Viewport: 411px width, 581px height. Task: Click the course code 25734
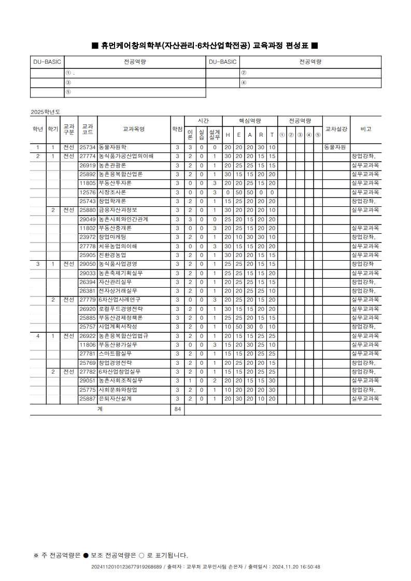tap(88, 147)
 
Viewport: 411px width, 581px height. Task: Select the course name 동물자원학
tap(112, 147)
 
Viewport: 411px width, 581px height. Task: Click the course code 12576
tap(88, 192)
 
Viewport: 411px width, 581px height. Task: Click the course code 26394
tap(88, 282)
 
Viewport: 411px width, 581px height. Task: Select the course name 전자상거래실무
tap(118, 291)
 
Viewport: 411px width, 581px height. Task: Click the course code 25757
tap(88, 327)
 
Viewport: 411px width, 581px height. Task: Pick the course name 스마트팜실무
tap(115, 353)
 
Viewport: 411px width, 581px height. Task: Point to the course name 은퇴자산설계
tap(115, 399)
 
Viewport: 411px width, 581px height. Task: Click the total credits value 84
tap(177, 409)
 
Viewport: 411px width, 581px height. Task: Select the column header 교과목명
tap(133, 129)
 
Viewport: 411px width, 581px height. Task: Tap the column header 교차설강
tap(336, 129)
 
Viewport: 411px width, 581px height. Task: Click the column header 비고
tap(365, 129)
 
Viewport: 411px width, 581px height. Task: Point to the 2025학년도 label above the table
tap(46, 112)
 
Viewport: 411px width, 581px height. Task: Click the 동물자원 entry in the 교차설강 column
tap(335, 147)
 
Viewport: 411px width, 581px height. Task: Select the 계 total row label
tap(100, 409)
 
